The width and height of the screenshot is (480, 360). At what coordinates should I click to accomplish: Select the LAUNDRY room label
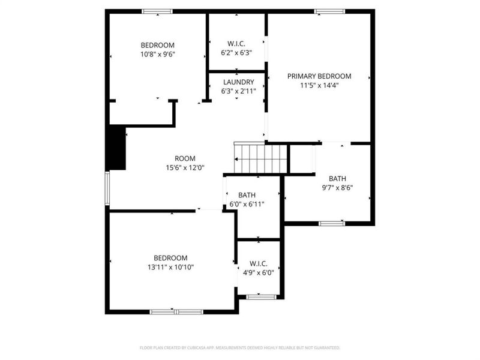pos(238,82)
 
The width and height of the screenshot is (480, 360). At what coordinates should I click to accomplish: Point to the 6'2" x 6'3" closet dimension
pos(236,53)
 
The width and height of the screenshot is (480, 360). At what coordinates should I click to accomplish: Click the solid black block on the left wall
pos(116,148)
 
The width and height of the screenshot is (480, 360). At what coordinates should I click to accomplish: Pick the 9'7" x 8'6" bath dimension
pos(337,187)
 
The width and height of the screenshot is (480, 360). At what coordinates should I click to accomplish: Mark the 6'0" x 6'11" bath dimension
pos(247,204)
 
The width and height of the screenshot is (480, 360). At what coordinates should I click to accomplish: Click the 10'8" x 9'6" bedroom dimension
pos(157,54)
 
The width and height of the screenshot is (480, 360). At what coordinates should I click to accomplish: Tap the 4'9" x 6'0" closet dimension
pos(258,272)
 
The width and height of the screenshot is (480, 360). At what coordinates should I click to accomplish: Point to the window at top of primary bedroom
pos(329,11)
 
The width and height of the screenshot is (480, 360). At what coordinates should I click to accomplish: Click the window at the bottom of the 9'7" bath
pos(332,224)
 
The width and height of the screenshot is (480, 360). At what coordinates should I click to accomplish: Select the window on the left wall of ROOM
pos(107,188)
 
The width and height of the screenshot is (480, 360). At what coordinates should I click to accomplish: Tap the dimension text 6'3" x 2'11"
pos(238,91)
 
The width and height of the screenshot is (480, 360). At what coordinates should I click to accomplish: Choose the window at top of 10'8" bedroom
pos(157,11)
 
